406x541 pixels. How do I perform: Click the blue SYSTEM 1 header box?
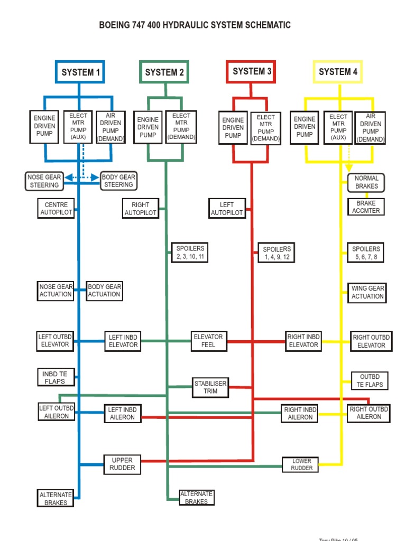[80, 72]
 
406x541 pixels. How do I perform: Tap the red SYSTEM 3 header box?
[252, 71]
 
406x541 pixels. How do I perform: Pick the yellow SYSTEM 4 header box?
[338, 72]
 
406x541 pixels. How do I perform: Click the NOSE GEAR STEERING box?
[45, 181]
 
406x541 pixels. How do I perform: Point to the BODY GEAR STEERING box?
[118, 181]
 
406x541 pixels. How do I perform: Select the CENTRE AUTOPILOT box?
[57, 209]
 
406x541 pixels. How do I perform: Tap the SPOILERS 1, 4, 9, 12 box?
[277, 253]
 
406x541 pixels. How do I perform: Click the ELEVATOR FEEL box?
[208, 341]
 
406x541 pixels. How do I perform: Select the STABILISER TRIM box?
[210, 387]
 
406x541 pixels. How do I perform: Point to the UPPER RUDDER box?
[122, 464]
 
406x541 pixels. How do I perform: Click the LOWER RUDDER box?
[302, 464]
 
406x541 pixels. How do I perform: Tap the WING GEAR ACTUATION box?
[367, 292]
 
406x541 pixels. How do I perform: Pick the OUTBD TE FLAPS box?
[370, 381]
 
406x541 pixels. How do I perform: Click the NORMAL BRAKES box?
[366, 182]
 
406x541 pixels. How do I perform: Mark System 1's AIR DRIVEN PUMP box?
[111, 127]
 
